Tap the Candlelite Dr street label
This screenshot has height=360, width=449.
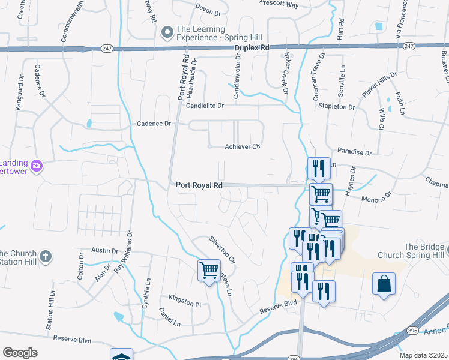click(x=205, y=106)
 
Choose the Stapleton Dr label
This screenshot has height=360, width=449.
click(x=337, y=106)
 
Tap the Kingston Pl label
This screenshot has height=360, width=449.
click(x=185, y=304)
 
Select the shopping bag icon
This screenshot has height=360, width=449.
click(x=384, y=283)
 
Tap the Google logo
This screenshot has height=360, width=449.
click(x=20, y=353)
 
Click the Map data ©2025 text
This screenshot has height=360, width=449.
click(x=423, y=355)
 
